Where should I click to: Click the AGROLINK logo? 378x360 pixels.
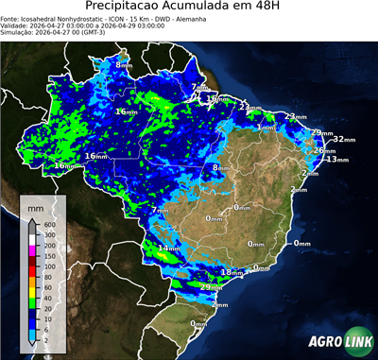point(338,342)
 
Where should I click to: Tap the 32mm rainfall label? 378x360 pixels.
point(344,139)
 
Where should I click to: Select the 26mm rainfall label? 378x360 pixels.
point(323,150)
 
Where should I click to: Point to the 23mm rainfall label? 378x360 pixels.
point(296,116)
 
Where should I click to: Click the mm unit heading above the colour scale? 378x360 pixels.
point(35,206)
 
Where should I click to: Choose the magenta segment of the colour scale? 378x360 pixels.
point(32,249)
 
